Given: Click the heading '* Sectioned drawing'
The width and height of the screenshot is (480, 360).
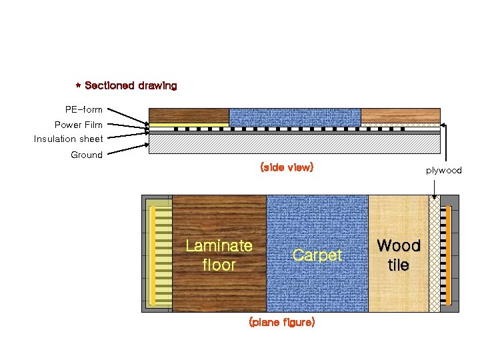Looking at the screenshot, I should [x=126, y=86].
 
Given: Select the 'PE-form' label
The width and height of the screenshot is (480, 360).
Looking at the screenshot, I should [x=83, y=109].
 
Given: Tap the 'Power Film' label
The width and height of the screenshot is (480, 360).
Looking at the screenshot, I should [x=78, y=125].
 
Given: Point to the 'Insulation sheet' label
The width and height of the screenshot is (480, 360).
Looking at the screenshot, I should [x=69, y=139].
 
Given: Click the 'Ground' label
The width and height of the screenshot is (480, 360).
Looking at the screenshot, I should [x=87, y=155].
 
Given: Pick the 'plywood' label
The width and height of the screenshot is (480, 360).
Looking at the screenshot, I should [x=444, y=171].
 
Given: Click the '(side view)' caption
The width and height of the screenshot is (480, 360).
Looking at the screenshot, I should [x=286, y=167].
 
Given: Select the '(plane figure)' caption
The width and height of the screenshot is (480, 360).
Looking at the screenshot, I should [x=281, y=322].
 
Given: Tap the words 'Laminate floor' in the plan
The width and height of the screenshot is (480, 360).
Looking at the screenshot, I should [x=219, y=255].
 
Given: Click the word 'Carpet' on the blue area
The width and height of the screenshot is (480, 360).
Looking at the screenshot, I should [x=317, y=255].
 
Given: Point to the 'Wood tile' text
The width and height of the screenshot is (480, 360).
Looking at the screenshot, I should [x=399, y=255].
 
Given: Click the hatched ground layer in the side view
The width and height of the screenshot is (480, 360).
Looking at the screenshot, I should [x=293, y=144].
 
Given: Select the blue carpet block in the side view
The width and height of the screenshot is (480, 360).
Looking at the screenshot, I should [x=295, y=117].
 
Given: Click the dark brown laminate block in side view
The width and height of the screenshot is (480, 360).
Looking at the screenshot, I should [x=189, y=115].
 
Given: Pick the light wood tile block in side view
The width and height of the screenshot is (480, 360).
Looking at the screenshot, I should [x=400, y=115].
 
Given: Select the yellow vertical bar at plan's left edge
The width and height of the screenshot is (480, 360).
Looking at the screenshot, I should [x=153, y=253].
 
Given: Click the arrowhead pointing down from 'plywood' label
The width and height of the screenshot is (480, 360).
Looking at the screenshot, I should [x=435, y=197].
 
